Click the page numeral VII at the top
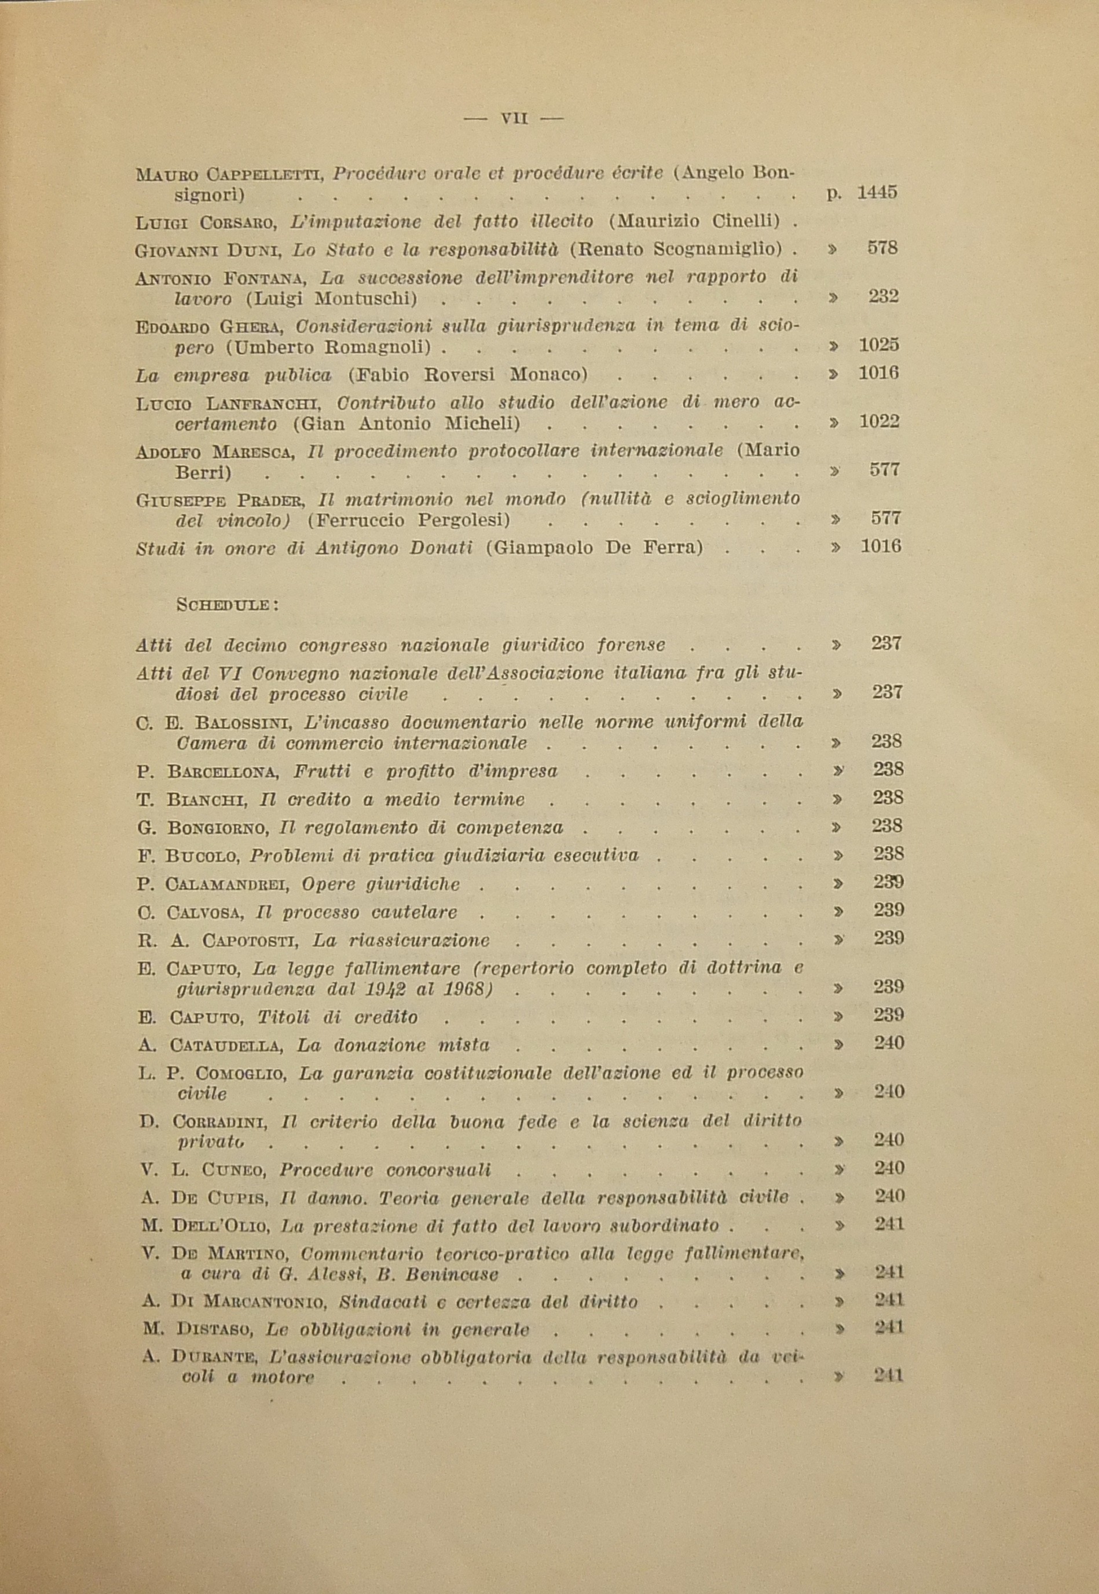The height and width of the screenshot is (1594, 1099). point(514,119)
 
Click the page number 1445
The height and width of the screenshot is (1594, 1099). point(877,192)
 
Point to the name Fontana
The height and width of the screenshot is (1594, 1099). point(263,278)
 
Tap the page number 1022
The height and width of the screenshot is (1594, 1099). point(880,422)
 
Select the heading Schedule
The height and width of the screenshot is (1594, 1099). point(226,605)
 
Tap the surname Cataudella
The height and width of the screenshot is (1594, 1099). point(226,1045)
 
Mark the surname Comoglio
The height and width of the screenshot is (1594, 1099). point(246,1074)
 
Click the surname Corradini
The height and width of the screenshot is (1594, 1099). point(219,1122)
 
